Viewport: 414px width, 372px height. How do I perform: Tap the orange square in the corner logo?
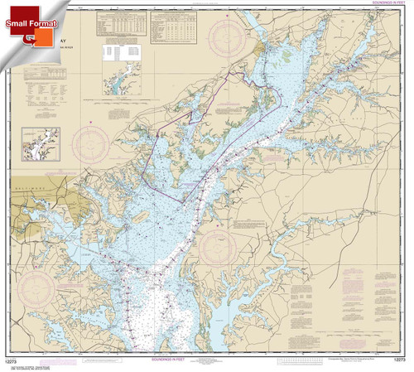tap(39, 38)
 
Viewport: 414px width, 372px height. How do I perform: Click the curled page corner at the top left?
tap(8, 8)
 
